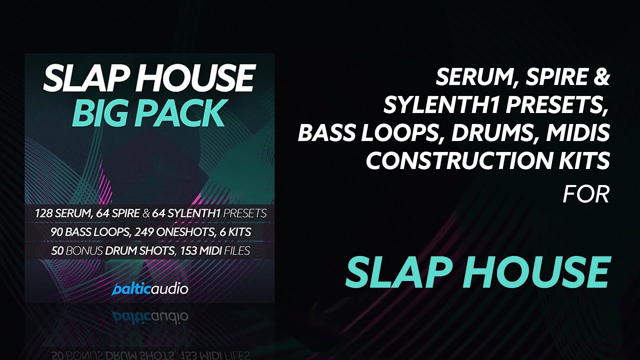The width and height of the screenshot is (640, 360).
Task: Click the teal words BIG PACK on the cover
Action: tap(147, 113)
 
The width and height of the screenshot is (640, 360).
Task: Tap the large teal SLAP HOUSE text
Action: tap(477, 272)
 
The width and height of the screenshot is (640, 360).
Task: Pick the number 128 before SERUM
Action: tap(43, 213)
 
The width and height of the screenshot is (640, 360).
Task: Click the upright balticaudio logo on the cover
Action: tap(150, 289)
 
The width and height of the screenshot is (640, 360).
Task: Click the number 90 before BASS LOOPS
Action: tap(57, 231)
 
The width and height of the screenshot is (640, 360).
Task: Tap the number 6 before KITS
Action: tap(222, 231)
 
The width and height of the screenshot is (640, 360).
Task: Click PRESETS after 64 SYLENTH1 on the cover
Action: tap(245, 213)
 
